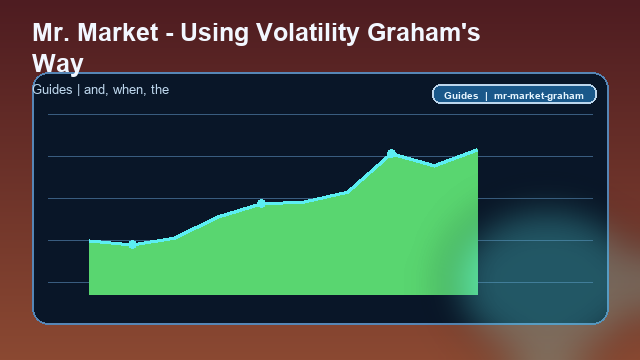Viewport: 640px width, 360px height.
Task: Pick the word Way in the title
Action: click(58, 63)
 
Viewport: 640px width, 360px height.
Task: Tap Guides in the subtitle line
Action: click(52, 90)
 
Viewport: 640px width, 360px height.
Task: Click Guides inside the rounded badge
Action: click(461, 95)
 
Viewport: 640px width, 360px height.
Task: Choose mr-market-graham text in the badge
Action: click(540, 95)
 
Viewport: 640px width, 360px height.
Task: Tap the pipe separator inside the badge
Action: click(486, 95)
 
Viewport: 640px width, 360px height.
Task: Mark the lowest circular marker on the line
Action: click(132, 244)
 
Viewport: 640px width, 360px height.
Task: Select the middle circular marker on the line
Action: click(261, 203)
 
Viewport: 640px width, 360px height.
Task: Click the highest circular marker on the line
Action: click(391, 153)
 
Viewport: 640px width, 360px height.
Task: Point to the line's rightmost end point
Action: click(477, 150)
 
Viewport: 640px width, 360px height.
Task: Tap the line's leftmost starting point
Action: click(90, 241)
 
